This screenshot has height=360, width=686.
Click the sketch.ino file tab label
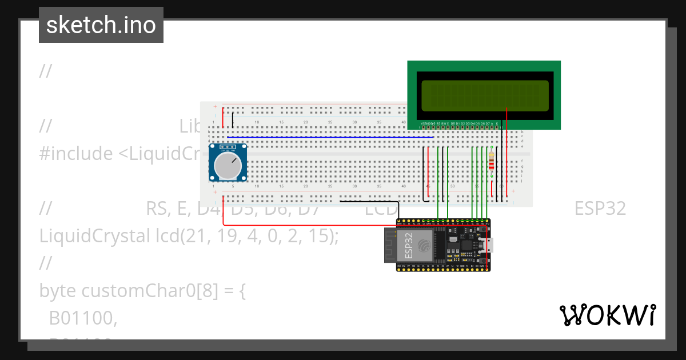pyautogui.click(x=101, y=25)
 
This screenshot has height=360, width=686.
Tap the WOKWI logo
pyautogui.click(x=607, y=315)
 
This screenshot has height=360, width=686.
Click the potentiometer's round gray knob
pyautogui.click(x=228, y=165)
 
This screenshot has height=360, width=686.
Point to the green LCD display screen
pyautogui.click(x=484, y=95)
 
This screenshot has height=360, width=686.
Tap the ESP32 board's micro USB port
pyautogui.click(x=490, y=246)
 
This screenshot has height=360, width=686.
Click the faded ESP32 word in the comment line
pyautogui.click(x=600, y=209)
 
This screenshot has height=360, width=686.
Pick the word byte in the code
pyautogui.click(x=58, y=291)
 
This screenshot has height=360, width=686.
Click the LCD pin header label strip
pyautogui.click(x=460, y=123)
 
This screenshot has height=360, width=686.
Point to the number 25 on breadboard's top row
pyautogui.click(x=330, y=122)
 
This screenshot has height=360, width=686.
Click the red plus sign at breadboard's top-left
pyautogui.click(x=215, y=107)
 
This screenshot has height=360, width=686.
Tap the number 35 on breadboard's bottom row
pyautogui.click(x=379, y=186)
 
